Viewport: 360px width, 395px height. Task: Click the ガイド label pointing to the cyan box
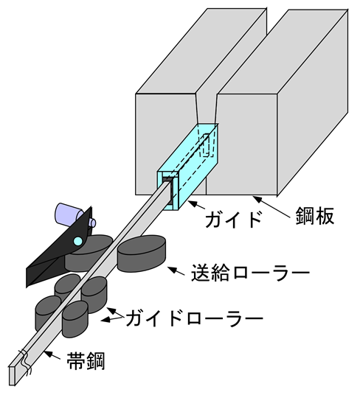click(x=232, y=220)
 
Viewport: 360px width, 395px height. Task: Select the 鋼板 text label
click(x=315, y=215)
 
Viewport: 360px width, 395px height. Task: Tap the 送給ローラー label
click(x=250, y=273)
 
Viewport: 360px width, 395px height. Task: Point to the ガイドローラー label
click(x=194, y=318)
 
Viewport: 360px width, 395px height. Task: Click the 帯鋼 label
click(x=86, y=361)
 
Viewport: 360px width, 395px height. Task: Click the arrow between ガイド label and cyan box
click(x=196, y=205)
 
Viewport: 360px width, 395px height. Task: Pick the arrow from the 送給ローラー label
click(x=176, y=271)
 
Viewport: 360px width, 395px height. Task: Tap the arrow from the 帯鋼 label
click(x=52, y=354)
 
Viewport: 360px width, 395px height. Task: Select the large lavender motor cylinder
click(x=68, y=214)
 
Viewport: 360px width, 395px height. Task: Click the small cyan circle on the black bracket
click(x=78, y=241)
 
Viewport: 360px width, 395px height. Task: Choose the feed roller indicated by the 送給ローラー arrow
click(x=142, y=254)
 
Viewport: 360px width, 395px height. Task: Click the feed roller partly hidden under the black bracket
click(x=89, y=254)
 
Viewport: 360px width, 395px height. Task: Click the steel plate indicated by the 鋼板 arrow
click(x=277, y=106)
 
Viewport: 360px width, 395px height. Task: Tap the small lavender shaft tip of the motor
click(x=91, y=223)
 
